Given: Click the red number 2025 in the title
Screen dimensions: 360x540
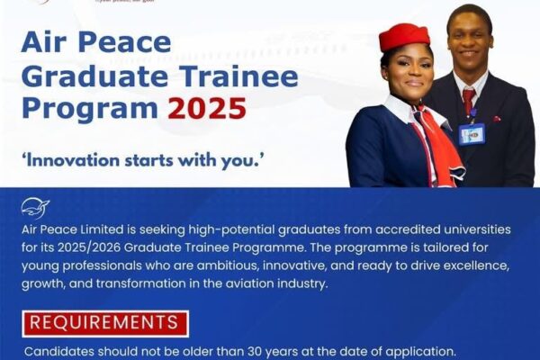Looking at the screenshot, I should pos(207,108).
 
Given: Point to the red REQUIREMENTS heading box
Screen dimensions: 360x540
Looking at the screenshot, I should pos(105,323).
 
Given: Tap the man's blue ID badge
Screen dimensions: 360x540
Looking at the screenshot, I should pos(471,133).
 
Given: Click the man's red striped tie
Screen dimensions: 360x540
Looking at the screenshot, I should pos(468,100).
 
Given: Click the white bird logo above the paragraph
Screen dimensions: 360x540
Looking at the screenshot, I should pos(35,208).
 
